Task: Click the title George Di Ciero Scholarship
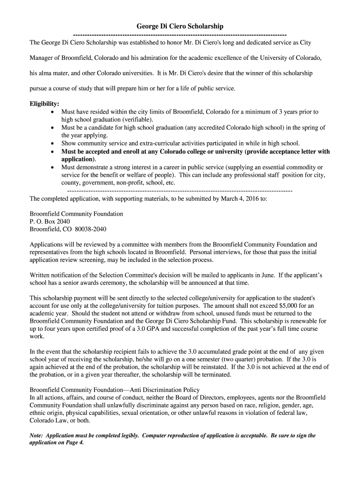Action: coord(180,27)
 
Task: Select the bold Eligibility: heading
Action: coord(44,104)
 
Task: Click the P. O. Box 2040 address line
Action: coord(50,221)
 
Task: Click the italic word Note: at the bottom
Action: coord(36,435)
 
